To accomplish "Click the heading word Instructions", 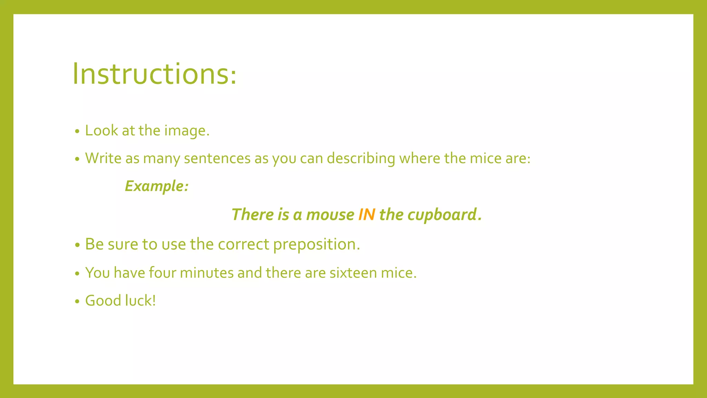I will click(x=154, y=74).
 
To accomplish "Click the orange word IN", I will click(x=367, y=215).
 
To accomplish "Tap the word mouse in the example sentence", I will click(x=330, y=215).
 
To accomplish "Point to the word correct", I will click(x=243, y=244).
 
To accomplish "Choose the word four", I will click(x=162, y=273).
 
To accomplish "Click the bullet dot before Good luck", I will click(x=77, y=301).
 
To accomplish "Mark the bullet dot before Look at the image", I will click(x=77, y=131).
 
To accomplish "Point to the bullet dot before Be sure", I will click(x=77, y=245).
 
